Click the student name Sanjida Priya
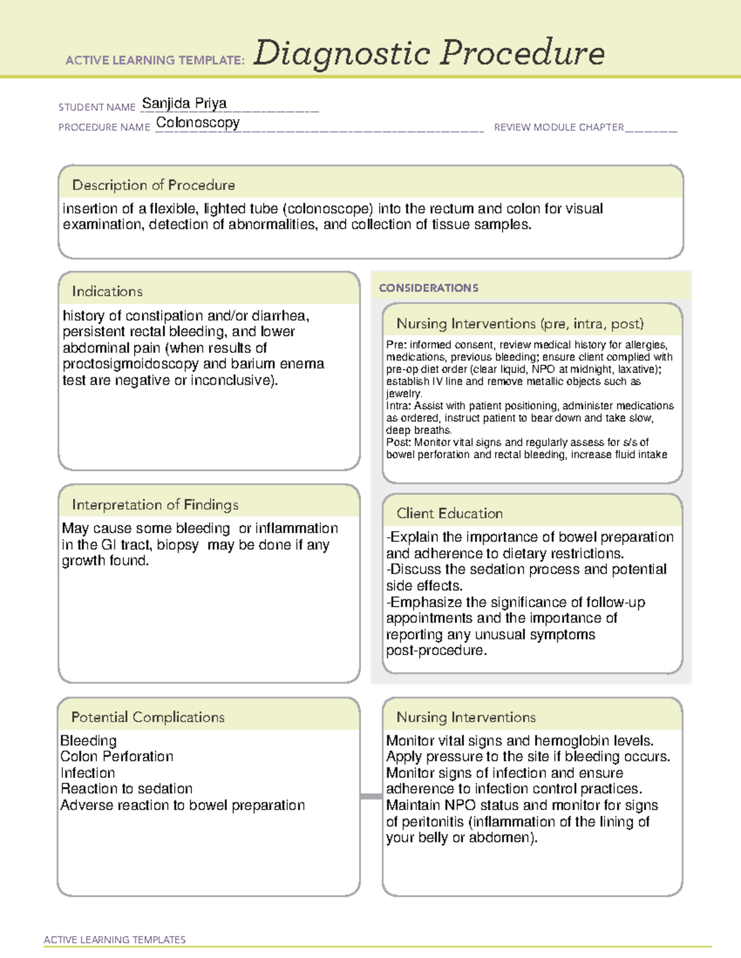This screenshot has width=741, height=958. pyautogui.click(x=184, y=104)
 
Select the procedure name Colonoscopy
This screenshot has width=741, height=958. pyautogui.click(x=198, y=123)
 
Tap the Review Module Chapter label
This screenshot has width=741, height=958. pyautogui.click(x=558, y=128)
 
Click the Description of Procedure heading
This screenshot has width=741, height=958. pyautogui.click(x=153, y=185)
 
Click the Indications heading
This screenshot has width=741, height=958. pyautogui.click(x=107, y=291)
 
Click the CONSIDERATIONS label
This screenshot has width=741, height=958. pyautogui.click(x=429, y=288)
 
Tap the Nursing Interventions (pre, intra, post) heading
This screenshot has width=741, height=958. pyautogui.click(x=520, y=324)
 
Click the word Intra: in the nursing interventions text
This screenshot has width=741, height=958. pyautogui.click(x=399, y=406)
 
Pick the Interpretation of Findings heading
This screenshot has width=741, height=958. pyautogui.click(x=155, y=505)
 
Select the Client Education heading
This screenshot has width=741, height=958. pyautogui.click(x=450, y=513)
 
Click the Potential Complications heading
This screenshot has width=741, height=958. pyautogui.click(x=148, y=717)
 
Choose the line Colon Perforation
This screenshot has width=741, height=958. pyautogui.click(x=117, y=757)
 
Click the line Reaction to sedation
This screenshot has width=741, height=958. pyautogui.click(x=127, y=789)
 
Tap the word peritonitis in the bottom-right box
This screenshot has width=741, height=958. pyautogui.click(x=433, y=822)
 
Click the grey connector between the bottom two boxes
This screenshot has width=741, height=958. pyautogui.click(x=371, y=796)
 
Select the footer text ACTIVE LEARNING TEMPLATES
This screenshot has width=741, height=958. pyautogui.click(x=115, y=939)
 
